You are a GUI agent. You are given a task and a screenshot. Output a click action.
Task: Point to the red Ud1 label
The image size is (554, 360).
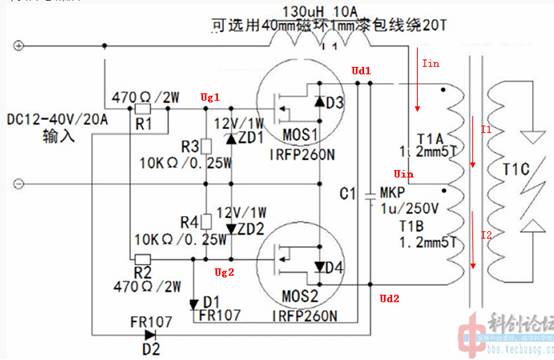coord(361,71)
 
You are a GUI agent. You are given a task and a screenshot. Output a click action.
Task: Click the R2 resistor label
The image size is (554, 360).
coord(144,271)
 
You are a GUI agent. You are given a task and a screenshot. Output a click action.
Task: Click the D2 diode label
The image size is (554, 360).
coord(151,349)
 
